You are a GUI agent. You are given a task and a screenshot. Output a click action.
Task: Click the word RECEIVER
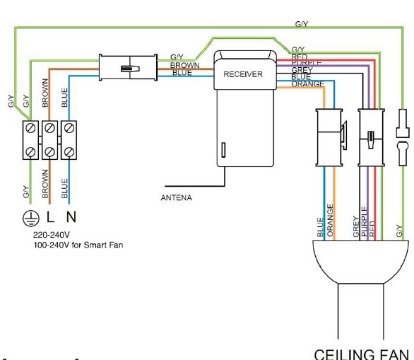click(243, 74)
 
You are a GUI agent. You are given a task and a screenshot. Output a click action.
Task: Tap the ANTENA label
click(176, 197)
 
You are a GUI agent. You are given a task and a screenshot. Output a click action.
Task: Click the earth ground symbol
click(29, 215)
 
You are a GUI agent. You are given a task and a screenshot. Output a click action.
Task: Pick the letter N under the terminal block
click(69, 215)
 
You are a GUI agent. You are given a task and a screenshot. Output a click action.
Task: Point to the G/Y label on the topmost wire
click(301, 24)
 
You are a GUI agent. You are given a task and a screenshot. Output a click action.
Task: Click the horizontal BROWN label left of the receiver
click(186, 64)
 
